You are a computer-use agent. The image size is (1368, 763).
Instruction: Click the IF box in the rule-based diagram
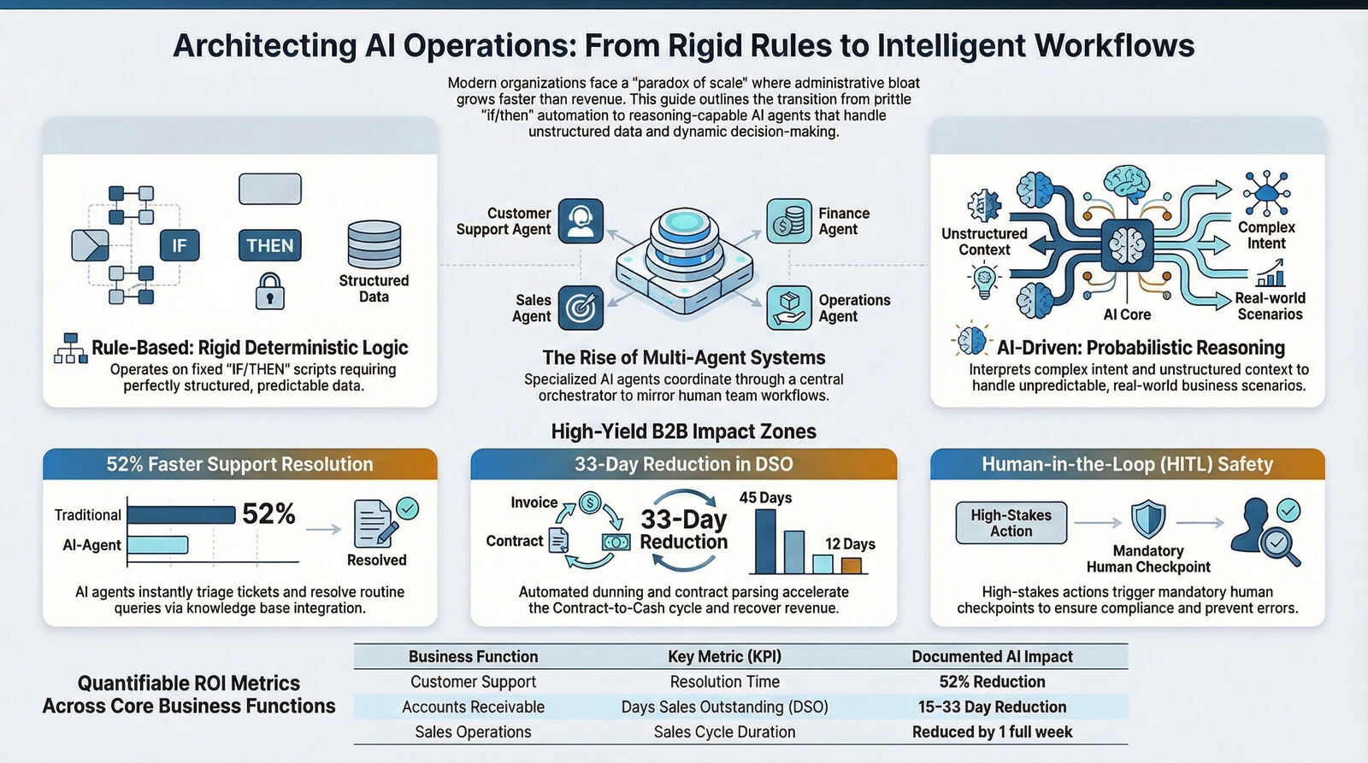tap(179, 246)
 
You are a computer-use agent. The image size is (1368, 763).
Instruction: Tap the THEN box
tap(269, 246)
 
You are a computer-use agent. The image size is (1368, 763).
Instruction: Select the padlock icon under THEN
tap(269, 291)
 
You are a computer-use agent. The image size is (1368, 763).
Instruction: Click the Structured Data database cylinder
tap(374, 245)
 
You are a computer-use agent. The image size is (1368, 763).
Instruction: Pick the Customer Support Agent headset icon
tap(581, 220)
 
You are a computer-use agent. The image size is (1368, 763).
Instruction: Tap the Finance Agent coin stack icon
tap(788, 220)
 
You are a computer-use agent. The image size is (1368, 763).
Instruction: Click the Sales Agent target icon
tap(581, 308)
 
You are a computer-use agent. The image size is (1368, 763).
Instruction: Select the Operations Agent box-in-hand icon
tap(788, 308)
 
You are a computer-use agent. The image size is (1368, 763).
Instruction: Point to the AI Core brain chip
tap(1126, 246)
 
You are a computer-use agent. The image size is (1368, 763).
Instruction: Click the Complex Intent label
tap(1266, 235)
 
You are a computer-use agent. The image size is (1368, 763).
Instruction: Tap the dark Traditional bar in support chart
tap(181, 514)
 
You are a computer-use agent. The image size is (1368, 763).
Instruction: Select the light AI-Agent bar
tap(157, 545)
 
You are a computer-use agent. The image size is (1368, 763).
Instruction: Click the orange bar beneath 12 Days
tap(851, 565)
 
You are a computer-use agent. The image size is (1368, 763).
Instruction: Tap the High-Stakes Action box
tap(1011, 523)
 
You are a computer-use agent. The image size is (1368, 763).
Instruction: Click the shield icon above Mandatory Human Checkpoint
tap(1147, 519)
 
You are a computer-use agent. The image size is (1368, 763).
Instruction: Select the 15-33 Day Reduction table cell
tap(992, 707)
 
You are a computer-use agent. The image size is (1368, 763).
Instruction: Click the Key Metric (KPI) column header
tap(724, 656)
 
